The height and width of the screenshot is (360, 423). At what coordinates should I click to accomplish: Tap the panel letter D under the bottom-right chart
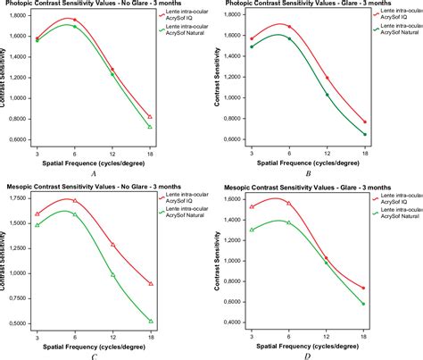(309, 356)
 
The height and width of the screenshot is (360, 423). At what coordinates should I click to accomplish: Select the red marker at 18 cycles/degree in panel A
(150, 117)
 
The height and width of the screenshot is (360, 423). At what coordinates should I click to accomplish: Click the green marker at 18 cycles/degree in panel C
(151, 321)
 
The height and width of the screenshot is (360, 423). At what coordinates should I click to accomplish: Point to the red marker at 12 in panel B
(328, 78)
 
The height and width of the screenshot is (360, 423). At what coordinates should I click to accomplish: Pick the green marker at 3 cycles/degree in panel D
(253, 230)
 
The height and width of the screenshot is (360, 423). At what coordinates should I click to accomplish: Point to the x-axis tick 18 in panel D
(365, 336)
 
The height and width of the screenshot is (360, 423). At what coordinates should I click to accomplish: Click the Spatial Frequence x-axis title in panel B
(308, 163)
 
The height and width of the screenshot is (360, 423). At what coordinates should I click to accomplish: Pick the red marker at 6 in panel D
(288, 204)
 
